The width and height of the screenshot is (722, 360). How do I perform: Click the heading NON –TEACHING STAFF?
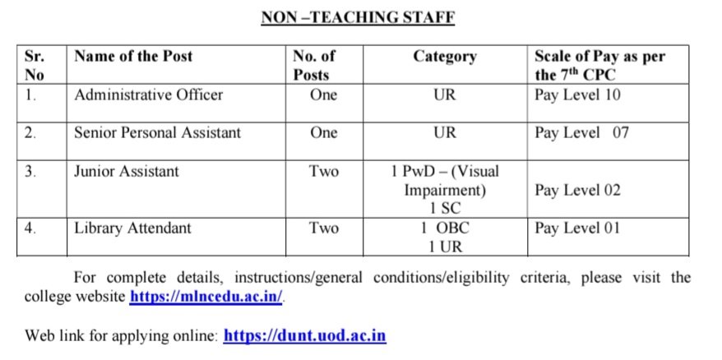click(358, 16)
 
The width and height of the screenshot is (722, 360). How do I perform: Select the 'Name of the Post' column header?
click(133, 57)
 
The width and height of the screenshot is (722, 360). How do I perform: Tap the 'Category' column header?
click(444, 57)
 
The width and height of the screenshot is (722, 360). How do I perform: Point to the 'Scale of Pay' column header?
click(599, 66)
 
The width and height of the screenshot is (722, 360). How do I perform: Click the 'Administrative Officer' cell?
click(148, 95)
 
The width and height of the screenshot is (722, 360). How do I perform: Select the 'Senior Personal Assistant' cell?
click(158, 132)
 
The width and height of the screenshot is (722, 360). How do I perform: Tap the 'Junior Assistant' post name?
click(126, 172)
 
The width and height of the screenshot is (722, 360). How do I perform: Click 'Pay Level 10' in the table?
click(577, 95)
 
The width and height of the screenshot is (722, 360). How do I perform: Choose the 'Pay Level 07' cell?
click(581, 132)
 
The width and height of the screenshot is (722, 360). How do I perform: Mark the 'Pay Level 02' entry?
click(577, 191)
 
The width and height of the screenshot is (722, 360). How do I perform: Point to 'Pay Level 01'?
click(577, 228)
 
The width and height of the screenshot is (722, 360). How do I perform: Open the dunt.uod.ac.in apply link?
click(304, 335)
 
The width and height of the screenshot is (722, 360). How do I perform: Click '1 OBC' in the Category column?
click(444, 228)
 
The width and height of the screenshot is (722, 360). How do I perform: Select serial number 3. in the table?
click(30, 172)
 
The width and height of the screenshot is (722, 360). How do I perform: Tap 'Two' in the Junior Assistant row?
click(324, 172)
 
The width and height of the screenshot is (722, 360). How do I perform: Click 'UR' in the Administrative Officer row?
click(444, 95)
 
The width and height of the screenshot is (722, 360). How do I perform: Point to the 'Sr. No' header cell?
click(35, 66)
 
